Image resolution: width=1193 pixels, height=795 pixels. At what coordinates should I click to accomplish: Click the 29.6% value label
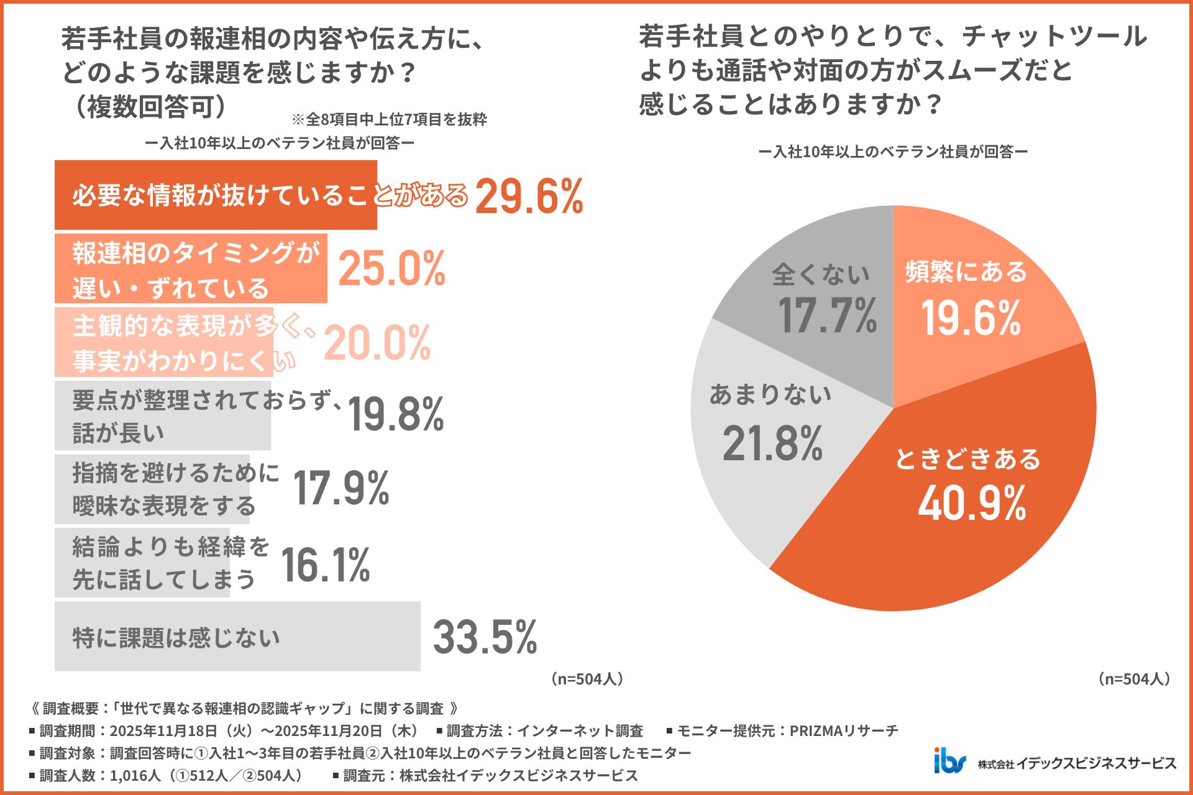pyautogui.click(x=529, y=196)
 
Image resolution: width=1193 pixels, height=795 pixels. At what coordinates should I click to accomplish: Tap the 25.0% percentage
pyautogui.click(x=392, y=269)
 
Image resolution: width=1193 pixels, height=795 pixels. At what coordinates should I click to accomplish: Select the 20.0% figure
pyautogui.click(x=377, y=343)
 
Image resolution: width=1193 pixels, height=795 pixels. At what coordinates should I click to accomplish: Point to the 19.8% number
pyautogui.click(x=396, y=414)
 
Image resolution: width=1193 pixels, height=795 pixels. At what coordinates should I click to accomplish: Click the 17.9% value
pyautogui.click(x=341, y=488)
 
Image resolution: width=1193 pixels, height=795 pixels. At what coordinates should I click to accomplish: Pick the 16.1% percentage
pyautogui.click(x=325, y=565)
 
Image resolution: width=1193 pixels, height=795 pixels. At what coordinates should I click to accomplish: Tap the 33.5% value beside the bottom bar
pyautogui.click(x=485, y=637)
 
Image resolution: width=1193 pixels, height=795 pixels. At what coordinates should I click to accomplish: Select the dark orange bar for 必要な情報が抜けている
pyautogui.click(x=216, y=195)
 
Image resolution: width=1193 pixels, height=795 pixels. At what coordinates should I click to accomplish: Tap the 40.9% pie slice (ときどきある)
pyautogui.click(x=969, y=491)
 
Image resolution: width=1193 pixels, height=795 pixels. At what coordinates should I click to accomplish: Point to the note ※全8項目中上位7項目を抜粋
pyautogui.click(x=389, y=119)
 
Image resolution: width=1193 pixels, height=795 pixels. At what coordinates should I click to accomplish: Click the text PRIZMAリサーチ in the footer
pyautogui.click(x=844, y=731)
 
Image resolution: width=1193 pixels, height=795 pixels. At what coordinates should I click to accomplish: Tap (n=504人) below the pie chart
pyautogui.click(x=1134, y=679)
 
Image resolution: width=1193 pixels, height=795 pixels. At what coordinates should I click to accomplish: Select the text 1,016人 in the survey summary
pyautogui.click(x=135, y=776)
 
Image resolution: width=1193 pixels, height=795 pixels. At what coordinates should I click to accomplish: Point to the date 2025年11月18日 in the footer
pyautogui.click(x=163, y=731)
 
